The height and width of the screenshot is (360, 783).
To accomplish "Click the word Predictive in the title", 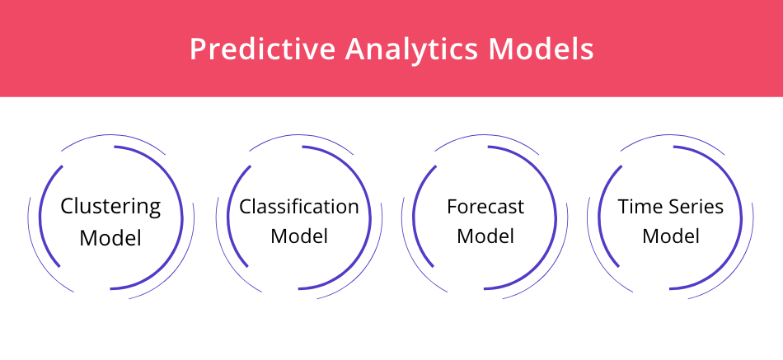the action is [x=263, y=49].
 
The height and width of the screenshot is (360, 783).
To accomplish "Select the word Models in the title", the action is [x=541, y=49].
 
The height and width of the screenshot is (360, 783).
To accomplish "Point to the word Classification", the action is [x=299, y=206].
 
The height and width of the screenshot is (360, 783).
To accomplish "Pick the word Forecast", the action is [x=485, y=206].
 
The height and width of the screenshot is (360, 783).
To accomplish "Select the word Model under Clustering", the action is [x=110, y=238].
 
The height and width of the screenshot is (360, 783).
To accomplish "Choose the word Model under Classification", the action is [x=299, y=236].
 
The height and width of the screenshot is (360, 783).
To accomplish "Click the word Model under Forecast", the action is [x=485, y=236].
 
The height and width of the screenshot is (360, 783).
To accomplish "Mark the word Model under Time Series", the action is [x=671, y=236].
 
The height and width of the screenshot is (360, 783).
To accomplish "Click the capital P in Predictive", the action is [x=199, y=49].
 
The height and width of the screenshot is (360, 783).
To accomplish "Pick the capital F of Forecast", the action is [x=452, y=207].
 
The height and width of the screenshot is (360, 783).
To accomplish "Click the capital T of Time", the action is [x=625, y=207].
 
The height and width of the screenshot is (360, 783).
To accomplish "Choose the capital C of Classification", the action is [x=246, y=207].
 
